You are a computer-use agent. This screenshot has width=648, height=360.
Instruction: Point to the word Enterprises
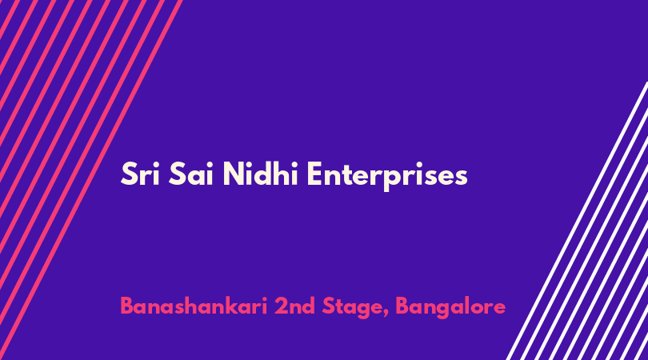[x=387, y=176]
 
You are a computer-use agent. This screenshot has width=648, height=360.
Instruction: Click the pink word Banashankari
[x=194, y=306]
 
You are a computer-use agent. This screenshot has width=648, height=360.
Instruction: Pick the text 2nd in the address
[x=294, y=306]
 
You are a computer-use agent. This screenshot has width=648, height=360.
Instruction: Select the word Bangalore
[x=451, y=308]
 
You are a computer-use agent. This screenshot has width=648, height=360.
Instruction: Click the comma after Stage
[x=386, y=314]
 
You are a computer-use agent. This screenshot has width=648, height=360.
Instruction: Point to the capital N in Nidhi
[x=234, y=174]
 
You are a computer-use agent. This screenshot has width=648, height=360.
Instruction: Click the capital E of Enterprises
[x=314, y=174]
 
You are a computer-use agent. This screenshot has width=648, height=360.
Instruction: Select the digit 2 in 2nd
[x=281, y=306]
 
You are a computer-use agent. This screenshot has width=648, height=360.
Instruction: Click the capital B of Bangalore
[x=402, y=306]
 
